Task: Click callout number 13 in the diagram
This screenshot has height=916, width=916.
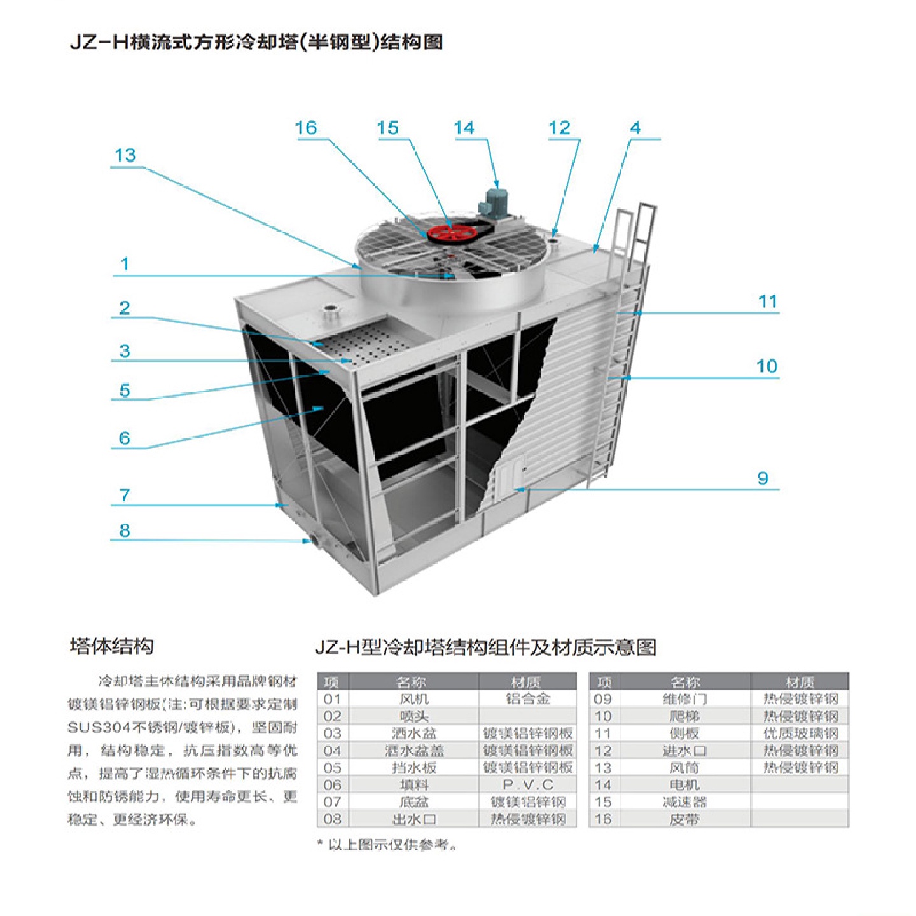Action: [x=125, y=155]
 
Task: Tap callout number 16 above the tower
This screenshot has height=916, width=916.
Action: [x=306, y=128]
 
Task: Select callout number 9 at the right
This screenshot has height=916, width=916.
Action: [x=763, y=478]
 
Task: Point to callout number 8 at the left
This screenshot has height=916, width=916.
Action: [x=125, y=530]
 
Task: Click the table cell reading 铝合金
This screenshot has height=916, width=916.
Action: [x=527, y=699]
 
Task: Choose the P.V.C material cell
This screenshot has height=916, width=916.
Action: [x=527, y=785]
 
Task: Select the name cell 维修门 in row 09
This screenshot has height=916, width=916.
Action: [x=684, y=699]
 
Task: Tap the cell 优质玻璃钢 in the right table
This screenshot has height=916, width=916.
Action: [x=800, y=733]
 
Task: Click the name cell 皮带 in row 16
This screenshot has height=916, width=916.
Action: [x=684, y=819]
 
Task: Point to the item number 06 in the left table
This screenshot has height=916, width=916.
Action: [x=332, y=785]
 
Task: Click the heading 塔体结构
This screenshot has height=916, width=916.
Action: [x=112, y=646]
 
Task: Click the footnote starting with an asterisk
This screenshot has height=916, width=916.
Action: [x=387, y=845]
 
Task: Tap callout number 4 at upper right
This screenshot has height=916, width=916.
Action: [x=635, y=128]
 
